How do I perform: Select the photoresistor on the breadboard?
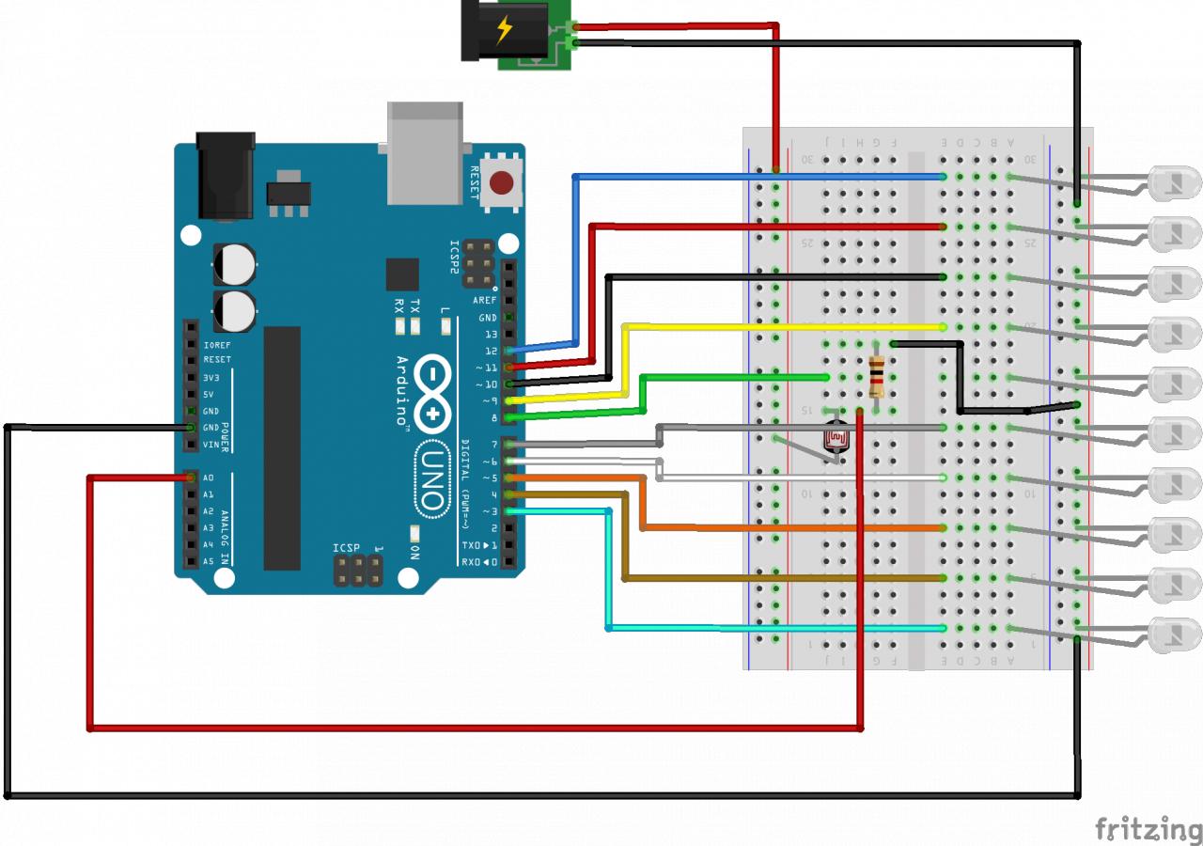(835, 439)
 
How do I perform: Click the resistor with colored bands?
(877, 377)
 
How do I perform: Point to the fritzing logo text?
(1148, 829)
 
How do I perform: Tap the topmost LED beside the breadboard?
(1175, 181)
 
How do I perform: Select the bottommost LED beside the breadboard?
(1175, 634)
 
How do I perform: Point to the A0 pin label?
(209, 478)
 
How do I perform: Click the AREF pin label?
(485, 300)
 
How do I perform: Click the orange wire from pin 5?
(789, 527)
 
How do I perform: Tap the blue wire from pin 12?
(752, 177)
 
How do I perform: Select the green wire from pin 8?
(733, 377)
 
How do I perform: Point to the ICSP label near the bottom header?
(346, 548)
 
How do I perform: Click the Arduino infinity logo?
(431, 396)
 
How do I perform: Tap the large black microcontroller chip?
(282, 447)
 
